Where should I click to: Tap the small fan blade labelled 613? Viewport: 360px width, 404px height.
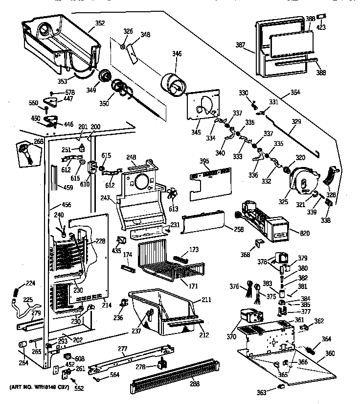click(x=171, y=194)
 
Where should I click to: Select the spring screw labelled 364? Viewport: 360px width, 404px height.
click(x=312, y=349)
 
